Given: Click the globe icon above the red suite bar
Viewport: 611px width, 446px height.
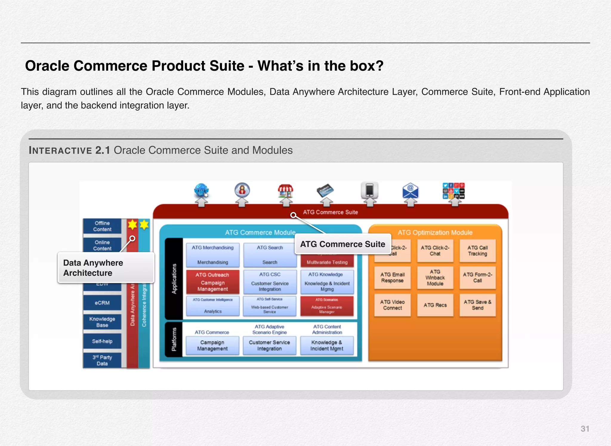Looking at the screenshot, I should [x=201, y=191].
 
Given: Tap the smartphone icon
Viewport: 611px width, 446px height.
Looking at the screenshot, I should [x=369, y=190].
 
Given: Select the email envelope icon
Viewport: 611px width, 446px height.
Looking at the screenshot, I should [x=410, y=191].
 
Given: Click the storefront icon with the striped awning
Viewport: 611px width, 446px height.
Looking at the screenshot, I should [x=286, y=191].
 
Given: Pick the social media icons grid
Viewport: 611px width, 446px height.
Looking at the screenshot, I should [x=453, y=191].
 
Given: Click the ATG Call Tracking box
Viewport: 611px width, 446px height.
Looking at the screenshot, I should [x=477, y=251].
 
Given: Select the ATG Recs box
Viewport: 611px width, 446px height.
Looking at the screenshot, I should [x=435, y=305].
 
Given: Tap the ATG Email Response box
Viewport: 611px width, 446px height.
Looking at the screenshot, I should [x=392, y=278].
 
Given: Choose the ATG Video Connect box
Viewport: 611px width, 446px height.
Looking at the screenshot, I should [x=392, y=305].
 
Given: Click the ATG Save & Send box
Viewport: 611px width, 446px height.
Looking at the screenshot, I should [x=477, y=305].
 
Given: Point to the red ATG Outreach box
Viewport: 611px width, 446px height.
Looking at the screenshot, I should [x=212, y=282].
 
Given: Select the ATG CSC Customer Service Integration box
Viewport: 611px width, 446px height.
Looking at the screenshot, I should [x=270, y=282].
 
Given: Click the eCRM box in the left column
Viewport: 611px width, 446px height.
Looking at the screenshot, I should [x=102, y=303].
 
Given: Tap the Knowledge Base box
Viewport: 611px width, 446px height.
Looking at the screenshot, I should [x=102, y=322].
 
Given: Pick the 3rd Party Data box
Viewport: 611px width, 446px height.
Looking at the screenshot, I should [x=102, y=360].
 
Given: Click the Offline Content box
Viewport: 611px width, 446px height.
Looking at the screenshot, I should [x=102, y=226].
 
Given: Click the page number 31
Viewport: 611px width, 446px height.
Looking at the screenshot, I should [x=585, y=429].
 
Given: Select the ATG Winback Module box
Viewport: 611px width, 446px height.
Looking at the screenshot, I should [x=435, y=278].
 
